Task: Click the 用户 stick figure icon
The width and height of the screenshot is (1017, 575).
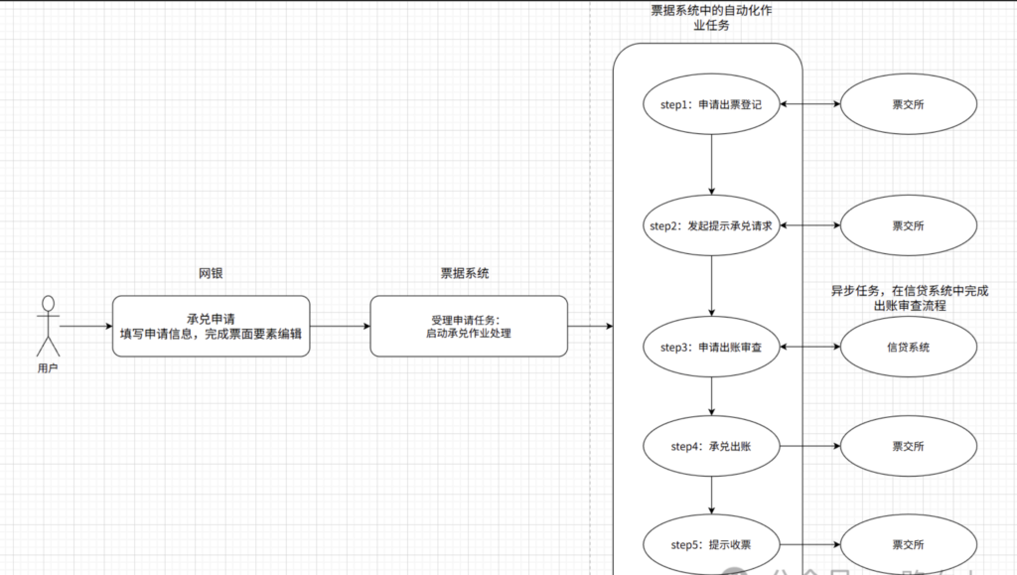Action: tap(48, 325)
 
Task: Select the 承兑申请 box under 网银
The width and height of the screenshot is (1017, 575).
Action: tap(211, 326)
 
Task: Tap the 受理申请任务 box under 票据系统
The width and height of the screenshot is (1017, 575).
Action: tap(469, 326)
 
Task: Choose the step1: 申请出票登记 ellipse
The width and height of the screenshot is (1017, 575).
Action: tap(711, 104)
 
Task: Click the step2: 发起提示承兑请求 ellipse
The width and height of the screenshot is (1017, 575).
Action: tap(711, 225)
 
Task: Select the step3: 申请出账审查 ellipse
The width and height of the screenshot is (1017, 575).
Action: tap(711, 347)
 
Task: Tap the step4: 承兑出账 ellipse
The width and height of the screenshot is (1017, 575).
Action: tap(711, 446)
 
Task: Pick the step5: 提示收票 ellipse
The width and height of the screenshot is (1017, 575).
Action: tap(711, 544)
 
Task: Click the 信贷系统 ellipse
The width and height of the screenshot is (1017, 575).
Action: tap(908, 347)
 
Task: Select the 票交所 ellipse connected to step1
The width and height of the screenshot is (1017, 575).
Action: tap(908, 104)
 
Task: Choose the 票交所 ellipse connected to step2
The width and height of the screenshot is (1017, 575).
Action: tap(908, 225)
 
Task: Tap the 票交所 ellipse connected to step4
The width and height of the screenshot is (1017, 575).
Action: tap(908, 446)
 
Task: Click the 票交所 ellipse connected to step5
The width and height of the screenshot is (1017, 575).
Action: tap(908, 544)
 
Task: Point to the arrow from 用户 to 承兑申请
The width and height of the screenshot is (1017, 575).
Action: tap(85, 326)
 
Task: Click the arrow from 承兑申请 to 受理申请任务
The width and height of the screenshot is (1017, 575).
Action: tap(340, 326)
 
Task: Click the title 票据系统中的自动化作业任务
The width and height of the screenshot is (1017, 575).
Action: tap(710, 17)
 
